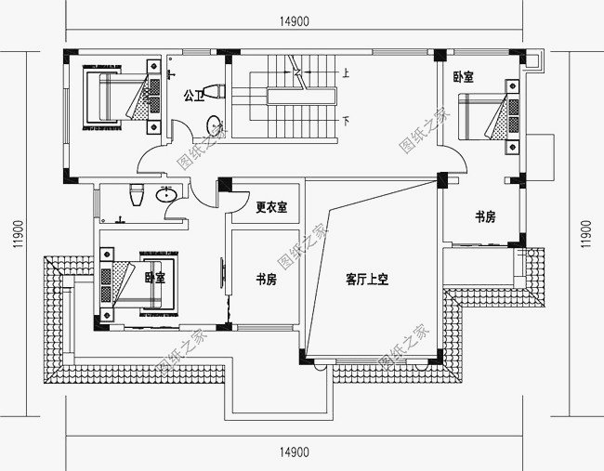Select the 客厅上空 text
(365, 278)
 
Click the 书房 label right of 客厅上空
(484, 216)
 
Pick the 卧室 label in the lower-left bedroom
(154, 277)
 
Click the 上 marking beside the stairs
(346, 72)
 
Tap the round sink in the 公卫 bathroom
(214, 124)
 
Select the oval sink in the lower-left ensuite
(167, 195)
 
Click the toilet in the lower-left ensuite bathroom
(137, 194)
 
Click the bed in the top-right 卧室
(488, 116)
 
